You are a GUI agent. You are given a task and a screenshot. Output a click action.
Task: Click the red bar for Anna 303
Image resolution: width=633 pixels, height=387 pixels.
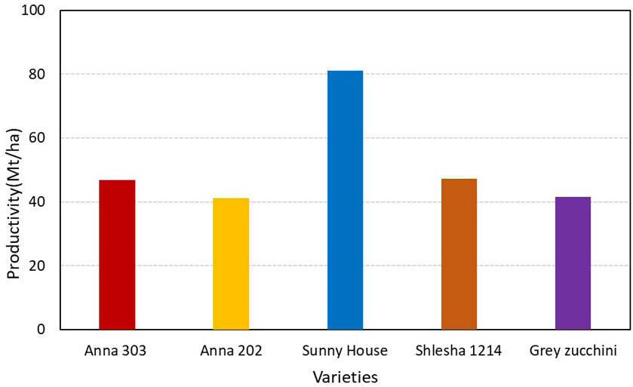pyautogui.click(x=117, y=255)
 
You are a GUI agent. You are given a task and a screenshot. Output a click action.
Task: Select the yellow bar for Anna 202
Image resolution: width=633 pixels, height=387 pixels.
pyautogui.click(x=231, y=264)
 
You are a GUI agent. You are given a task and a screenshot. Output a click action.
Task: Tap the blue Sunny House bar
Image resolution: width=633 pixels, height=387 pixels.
pyautogui.click(x=345, y=200)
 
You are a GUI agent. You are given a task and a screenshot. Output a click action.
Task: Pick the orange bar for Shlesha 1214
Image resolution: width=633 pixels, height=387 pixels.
pyautogui.click(x=459, y=253)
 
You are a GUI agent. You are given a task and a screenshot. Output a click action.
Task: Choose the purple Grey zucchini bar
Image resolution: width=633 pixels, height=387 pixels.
pyautogui.click(x=573, y=263)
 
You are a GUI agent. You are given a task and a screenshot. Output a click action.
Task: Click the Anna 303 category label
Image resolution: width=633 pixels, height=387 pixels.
pyautogui.click(x=115, y=351)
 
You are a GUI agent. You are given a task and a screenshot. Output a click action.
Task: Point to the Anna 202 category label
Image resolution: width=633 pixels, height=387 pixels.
pyautogui.click(x=231, y=351)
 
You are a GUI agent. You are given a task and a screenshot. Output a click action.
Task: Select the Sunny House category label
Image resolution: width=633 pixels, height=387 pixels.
pyautogui.click(x=345, y=351)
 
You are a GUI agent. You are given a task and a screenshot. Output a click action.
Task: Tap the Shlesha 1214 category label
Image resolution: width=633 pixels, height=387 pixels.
pyautogui.click(x=459, y=351)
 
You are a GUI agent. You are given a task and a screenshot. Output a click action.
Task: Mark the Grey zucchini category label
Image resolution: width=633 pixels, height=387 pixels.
pyautogui.click(x=573, y=351)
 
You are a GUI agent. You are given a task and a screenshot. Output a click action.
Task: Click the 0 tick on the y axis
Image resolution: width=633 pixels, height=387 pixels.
pyautogui.click(x=41, y=330)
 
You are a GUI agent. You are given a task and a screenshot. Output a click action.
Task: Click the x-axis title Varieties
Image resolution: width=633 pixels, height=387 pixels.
pyautogui.click(x=346, y=377)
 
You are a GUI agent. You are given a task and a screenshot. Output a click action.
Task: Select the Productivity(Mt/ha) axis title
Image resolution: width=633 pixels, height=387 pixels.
pyautogui.click(x=14, y=204)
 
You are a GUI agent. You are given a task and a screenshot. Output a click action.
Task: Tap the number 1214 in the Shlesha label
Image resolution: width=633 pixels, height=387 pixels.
pyautogui.click(x=486, y=351)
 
